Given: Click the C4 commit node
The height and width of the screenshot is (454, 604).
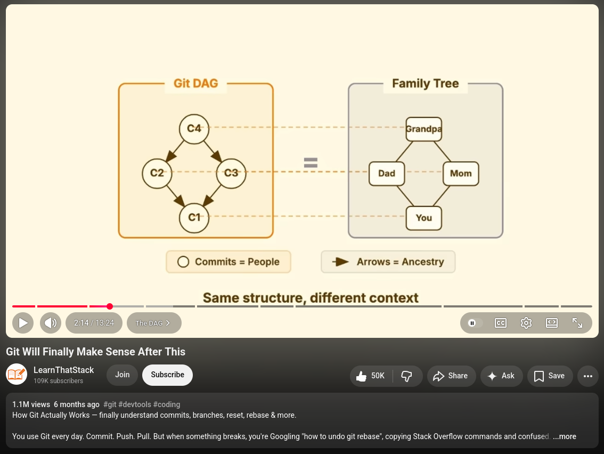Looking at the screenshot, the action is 194,129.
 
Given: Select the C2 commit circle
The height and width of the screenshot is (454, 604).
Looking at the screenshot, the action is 157,173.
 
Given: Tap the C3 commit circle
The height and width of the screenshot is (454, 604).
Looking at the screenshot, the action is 231,173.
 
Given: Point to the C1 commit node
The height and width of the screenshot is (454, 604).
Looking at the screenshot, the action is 194,218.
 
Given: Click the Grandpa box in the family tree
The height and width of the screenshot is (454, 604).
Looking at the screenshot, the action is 424,129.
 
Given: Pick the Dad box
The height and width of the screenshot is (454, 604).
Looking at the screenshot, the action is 387,173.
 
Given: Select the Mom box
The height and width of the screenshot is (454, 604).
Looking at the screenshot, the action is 461,173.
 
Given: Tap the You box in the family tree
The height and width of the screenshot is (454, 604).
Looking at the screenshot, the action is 424,218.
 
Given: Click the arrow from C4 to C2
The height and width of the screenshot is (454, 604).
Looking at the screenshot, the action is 175,151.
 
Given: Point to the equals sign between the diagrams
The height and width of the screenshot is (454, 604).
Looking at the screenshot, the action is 311,163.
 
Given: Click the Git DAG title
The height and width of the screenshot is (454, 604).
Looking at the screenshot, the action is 195,83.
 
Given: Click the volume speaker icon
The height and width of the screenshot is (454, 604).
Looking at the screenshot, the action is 51,323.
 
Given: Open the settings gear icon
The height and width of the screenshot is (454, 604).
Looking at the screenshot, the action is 526,323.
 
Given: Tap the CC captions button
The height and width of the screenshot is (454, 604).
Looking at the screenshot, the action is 500,323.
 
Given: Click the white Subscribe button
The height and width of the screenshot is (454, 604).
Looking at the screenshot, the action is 168,375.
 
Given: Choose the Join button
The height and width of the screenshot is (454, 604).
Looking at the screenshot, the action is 122,375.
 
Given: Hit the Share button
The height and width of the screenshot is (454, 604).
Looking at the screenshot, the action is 452,376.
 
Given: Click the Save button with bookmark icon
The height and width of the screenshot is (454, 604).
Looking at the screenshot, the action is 550,376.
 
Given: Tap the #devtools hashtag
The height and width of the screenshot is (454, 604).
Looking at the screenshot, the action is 135,404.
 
